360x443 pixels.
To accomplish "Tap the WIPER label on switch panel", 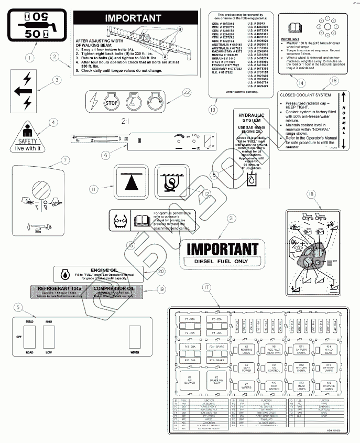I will point(135,353).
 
